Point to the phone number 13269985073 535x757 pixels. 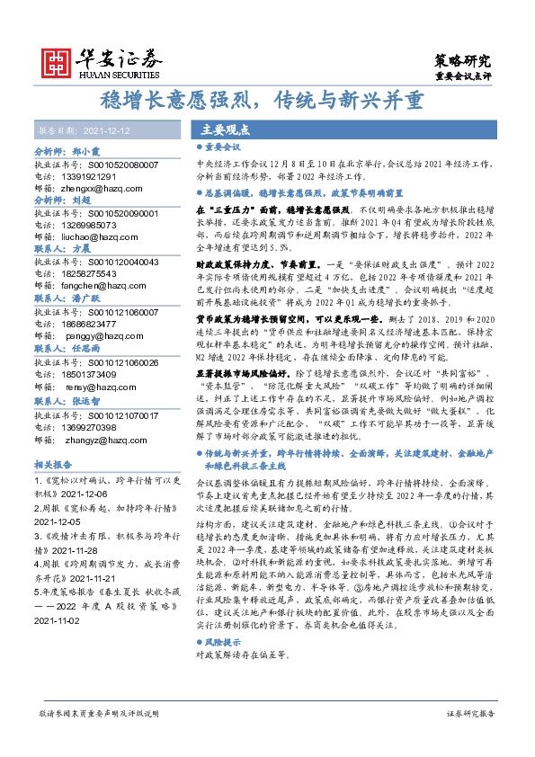click(91, 225)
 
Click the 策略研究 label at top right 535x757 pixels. click(463, 61)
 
